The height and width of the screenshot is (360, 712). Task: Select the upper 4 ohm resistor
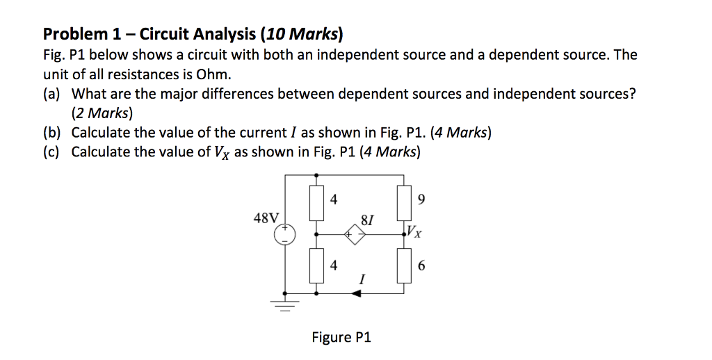pyautogui.click(x=318, y=202)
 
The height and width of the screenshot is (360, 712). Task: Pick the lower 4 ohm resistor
pyautogui.click(x=318, y=265)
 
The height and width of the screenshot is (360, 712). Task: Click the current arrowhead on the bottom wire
pyautogui.click(x=356, y=294)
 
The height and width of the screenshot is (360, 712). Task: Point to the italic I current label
pyautogui.click(x=361, y=280)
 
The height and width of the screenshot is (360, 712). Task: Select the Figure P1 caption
pyautogui.click(x=341, y=338)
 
